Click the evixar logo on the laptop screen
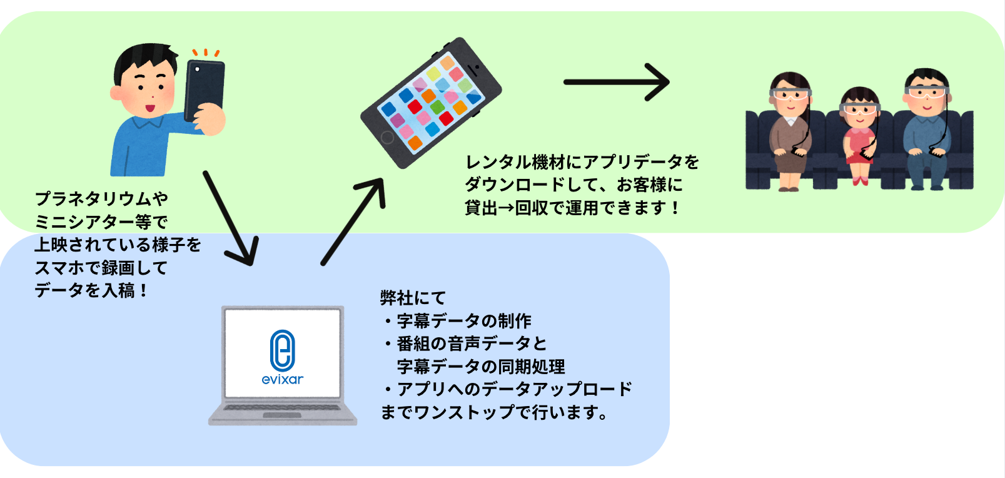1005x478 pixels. point(282,357)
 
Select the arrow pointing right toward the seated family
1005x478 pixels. point(616,82)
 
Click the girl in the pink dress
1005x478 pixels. point(860,135)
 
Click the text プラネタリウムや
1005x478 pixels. point(101,199)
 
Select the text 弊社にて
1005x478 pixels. point(413,298)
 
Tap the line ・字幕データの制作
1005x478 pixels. point(457,321)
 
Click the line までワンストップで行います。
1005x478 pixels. point(494,412)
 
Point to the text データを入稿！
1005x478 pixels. point(91,291)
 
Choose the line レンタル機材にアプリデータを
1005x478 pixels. point(582,162)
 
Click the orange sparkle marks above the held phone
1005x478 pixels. point(205,53)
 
